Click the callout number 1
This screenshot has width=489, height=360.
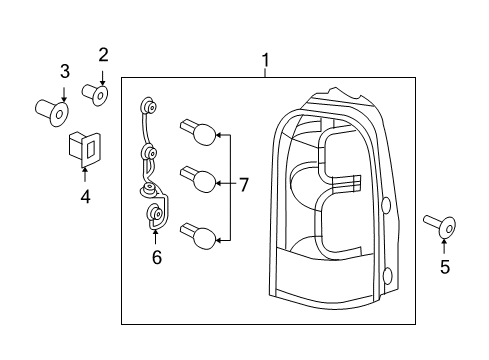(x=265, y=61)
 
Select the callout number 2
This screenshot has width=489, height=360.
(x=102, y=54)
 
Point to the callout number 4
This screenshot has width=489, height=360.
(x=85, y=197)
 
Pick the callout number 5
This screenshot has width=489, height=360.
(x=445, y=266)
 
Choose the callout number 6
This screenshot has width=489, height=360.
(x=155, y=258)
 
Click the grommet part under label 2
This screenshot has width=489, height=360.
(x=96, y=95)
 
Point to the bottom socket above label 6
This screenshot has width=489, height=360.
(x=155, y=213)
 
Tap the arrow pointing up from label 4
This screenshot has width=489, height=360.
(x=85, y=177)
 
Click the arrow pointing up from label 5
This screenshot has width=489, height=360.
(x=445, y=245)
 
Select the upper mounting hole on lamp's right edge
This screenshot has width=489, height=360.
(x=385, y=207)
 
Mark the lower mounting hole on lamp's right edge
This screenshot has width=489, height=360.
(x=386, y=276)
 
